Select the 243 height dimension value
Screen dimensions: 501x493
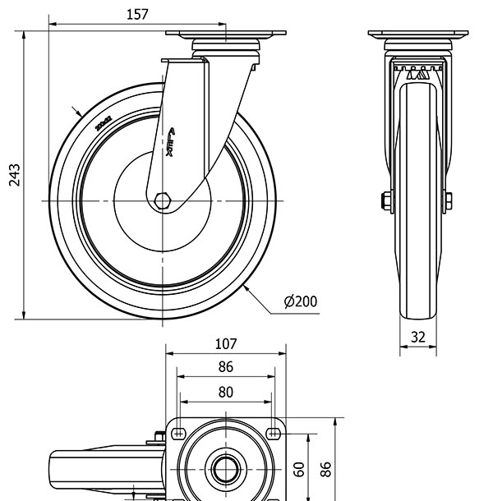[14, 174]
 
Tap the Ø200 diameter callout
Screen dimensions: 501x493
[300, 301]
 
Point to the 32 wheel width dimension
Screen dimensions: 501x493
[418, 337]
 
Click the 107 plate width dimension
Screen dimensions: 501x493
[226, 344]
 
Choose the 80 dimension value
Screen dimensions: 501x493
[226, 392]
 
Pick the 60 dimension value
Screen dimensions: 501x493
[300, 469]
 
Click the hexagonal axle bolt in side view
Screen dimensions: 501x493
[163, 200]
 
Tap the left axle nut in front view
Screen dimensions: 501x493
[385, 200]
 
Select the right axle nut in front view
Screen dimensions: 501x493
[449, 200]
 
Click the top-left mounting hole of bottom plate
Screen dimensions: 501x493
[177, 430]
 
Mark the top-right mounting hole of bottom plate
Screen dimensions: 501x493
[273, 430]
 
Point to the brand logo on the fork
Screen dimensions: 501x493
[172, 145]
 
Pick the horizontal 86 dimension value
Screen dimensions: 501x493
[226, 367]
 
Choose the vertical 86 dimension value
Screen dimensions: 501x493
[326, 469]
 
